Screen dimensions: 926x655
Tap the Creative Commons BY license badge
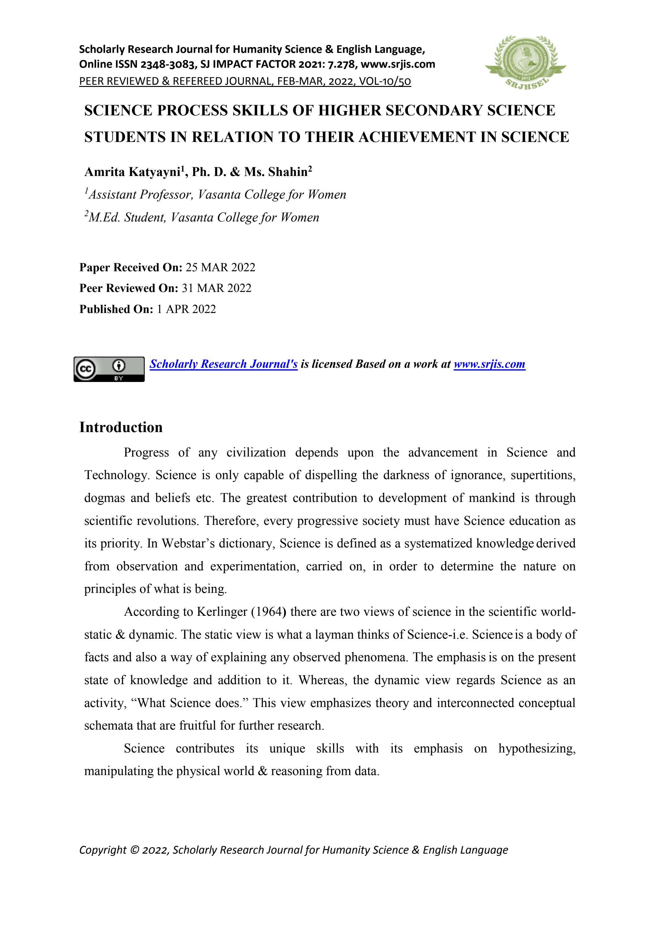109,369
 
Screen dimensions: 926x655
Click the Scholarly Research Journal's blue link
224,364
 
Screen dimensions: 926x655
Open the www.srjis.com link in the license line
489,364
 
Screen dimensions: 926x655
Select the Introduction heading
121,427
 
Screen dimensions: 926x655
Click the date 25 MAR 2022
220,268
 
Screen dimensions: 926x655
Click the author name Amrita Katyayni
131,172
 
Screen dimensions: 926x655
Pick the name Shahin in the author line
288,172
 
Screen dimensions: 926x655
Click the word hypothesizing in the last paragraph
537,748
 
